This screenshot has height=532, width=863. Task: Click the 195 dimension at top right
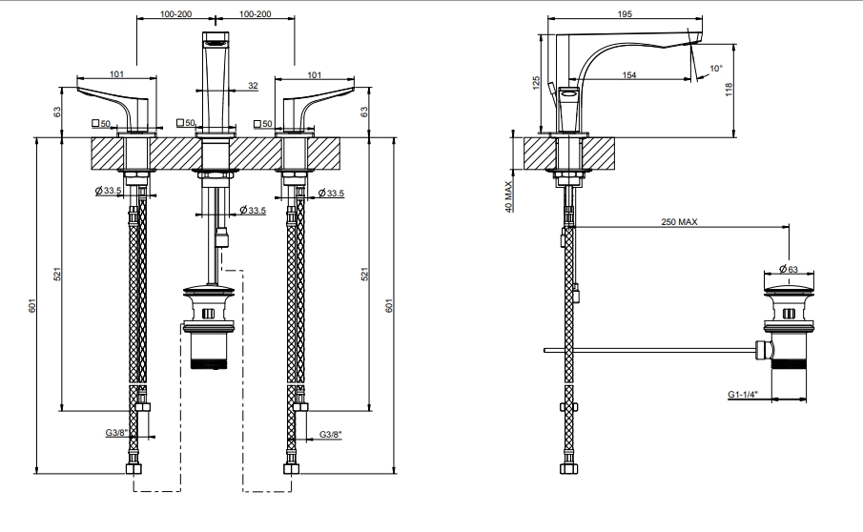point(624,16)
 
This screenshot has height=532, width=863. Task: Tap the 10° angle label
point(716,69)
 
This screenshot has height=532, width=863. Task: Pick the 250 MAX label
point(680,221)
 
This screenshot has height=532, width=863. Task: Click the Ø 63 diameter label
point(787,268)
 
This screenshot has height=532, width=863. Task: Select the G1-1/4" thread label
point(742,393)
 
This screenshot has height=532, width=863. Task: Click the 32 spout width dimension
point(252,86)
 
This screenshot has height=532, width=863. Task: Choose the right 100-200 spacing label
point(255,16)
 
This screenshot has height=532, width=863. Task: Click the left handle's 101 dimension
point(116,72)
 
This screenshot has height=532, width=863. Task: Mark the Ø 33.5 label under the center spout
point(253,210)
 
